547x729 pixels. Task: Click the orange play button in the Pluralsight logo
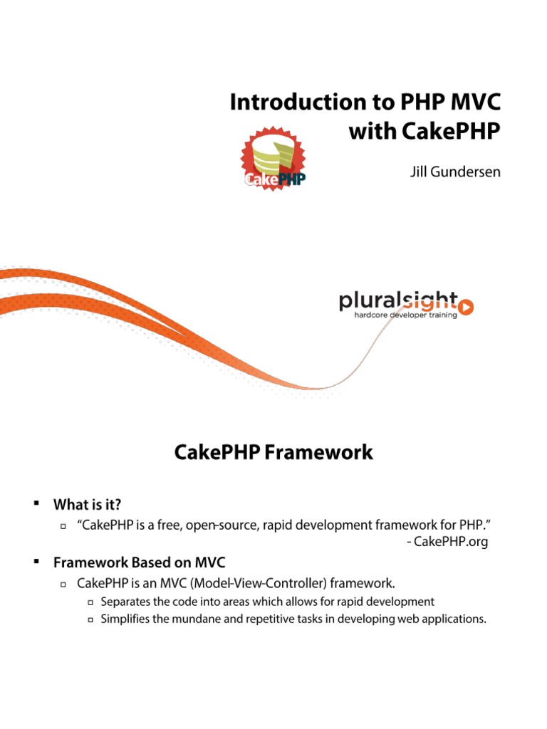(467, 307)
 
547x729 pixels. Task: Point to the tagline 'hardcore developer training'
(406, 315)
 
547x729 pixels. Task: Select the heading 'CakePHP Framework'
(273, 452)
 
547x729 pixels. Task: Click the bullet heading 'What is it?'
(87, 505)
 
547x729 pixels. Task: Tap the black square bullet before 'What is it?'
(34, 504)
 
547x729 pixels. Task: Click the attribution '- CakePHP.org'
(447, 542)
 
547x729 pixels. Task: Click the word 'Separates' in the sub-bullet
(125, 602)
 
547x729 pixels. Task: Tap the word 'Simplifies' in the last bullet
(125, 619)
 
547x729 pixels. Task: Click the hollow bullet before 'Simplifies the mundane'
(90, 620)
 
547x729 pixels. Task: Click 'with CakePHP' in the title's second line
(424, 132)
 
